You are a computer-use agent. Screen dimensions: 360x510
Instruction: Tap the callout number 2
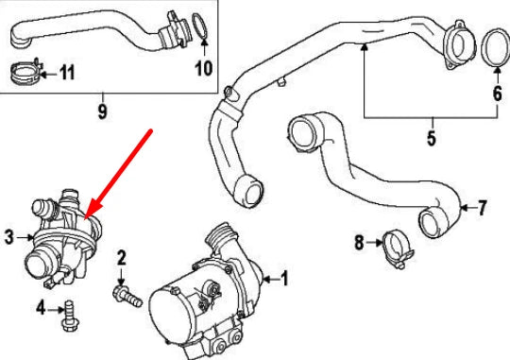coord(121,257)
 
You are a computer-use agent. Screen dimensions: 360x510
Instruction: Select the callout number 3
coord(9,238)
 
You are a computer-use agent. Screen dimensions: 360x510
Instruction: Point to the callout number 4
coord(42,308)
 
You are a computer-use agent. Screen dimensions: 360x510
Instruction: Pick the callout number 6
coord(496,93)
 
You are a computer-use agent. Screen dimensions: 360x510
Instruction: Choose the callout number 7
coord(482,206)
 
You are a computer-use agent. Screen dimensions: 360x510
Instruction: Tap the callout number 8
coord(360,243)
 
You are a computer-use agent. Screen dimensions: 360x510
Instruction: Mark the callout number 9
coord(102,112)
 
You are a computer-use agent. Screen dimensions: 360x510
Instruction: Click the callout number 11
coord(68,72)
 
